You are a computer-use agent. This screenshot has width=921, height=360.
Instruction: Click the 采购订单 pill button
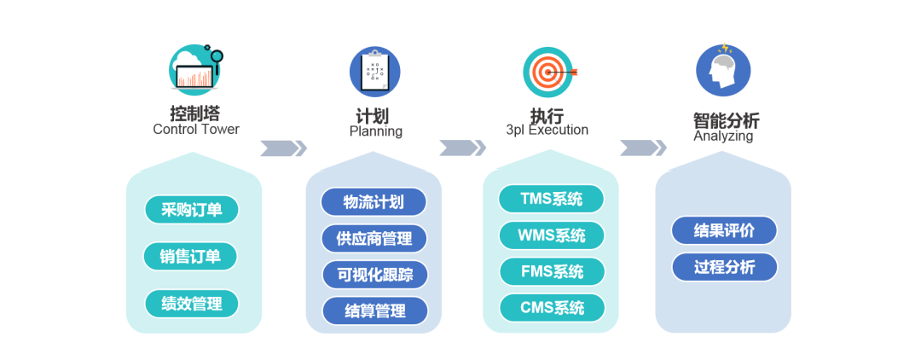191,210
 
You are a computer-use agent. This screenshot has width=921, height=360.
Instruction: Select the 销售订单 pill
190,257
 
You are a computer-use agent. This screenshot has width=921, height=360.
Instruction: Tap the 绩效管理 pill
191,304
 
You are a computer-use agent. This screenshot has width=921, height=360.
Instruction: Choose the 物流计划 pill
374,202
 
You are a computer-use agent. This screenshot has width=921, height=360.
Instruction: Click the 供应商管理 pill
374,239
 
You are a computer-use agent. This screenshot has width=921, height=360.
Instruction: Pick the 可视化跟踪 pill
374,275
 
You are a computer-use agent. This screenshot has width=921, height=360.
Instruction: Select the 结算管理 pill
374,311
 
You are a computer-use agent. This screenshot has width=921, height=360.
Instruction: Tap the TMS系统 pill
551,200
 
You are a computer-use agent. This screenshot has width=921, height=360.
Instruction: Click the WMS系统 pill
552,235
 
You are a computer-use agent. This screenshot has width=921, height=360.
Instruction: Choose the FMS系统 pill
552,272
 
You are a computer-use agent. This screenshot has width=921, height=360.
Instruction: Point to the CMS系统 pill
552,308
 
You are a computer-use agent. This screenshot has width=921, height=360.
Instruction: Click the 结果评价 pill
724,230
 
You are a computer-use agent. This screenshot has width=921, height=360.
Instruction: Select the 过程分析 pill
724,267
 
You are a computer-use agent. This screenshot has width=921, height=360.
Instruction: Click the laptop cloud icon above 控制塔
195,70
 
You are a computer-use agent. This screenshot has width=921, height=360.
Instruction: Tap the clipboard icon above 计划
374,72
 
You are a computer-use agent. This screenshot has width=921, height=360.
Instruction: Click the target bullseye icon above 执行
549,72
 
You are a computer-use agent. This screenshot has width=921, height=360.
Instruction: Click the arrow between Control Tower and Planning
283,148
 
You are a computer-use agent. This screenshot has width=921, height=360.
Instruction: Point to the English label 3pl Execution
547,131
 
